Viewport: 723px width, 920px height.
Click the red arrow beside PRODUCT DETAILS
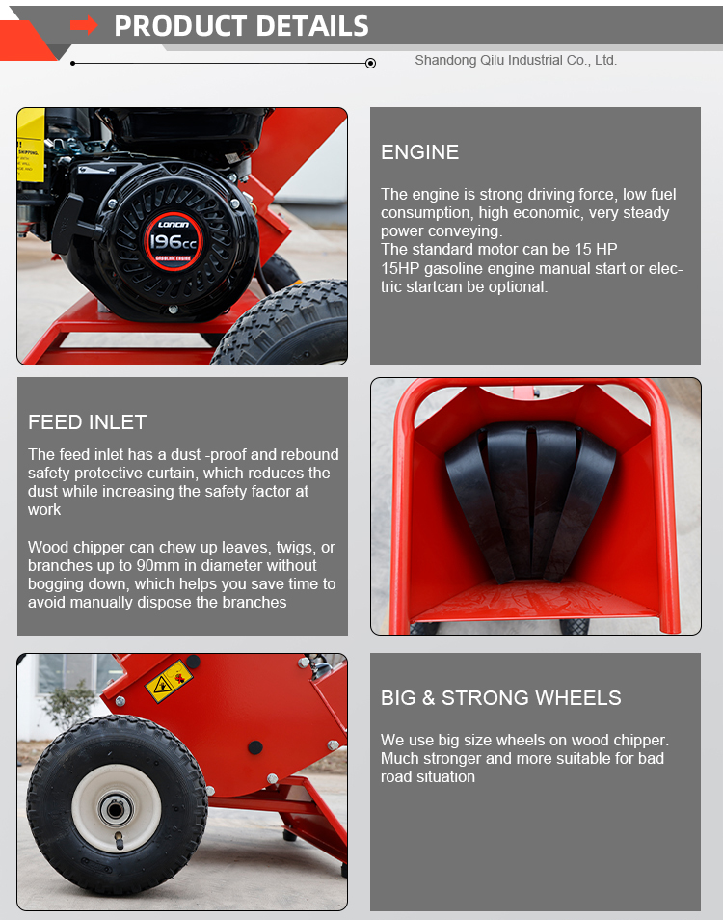(84, 25)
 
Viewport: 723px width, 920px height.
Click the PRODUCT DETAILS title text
(241, 26)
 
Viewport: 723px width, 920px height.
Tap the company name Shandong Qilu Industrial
(515, 60)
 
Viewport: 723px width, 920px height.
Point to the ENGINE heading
(419, 151)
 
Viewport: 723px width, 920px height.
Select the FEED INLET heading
(87, 421)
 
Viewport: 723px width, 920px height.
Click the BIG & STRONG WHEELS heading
(500, 697)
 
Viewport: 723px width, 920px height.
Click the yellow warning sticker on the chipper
(168, 681)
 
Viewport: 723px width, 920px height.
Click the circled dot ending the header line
(370, 64)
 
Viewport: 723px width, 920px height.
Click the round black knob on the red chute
(254, 747)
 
